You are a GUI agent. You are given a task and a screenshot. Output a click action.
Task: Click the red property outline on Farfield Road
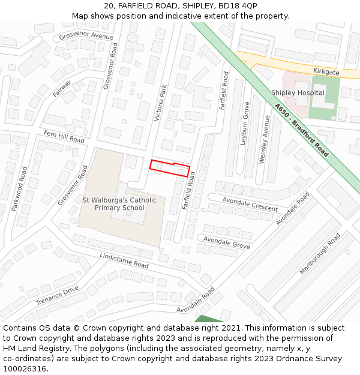tap(170, 167)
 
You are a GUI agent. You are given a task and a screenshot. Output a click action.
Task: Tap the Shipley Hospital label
tap(298, 92)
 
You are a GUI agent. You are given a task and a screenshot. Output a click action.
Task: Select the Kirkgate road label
tap(326, 71)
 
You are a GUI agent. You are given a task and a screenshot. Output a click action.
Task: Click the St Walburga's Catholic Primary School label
tap(119, 204)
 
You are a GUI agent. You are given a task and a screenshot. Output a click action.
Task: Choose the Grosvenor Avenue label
tap(86, 37)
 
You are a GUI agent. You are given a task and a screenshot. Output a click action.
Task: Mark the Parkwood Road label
tap(19, 188)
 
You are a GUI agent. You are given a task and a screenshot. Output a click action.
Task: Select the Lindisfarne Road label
tap(124, 260)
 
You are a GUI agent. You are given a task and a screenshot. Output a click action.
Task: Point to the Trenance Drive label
tap(57, 295)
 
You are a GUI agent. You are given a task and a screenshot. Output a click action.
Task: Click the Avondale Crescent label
tap(250, 204)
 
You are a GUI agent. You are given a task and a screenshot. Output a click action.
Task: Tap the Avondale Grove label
tap(226, 242)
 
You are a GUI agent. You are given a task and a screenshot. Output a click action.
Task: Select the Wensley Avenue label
tap(264, 140)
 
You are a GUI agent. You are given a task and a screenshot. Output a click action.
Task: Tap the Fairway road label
tap(62, 89)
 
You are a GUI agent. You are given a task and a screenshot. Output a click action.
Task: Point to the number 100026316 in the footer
tap(25, 368)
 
